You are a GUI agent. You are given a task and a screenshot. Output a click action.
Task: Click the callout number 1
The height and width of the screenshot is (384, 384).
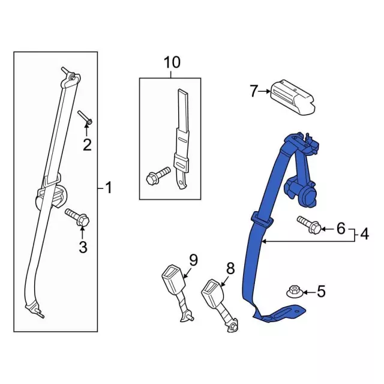click(x=108, y=188)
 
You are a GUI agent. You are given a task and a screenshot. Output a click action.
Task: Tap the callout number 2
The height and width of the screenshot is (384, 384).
click(x=88, y=144)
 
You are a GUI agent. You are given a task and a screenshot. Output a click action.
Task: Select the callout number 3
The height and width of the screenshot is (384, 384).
click(x=83, y=246)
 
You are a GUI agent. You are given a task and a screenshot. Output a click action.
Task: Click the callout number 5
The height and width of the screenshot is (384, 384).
click(x=321, y=292)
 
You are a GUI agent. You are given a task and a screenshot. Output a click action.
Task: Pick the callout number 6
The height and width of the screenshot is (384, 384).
click(x=340, y=228)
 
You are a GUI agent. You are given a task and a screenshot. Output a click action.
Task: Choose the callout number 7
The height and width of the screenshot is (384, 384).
click(x=253, y=91)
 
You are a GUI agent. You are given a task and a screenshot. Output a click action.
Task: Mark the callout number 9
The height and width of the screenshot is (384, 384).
click(x=193, y=259)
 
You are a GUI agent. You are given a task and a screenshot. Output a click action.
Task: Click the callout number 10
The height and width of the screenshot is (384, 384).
click(x=171, y=62)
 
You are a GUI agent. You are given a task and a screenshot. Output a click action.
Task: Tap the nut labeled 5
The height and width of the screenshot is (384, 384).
click(x=295, y=292)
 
